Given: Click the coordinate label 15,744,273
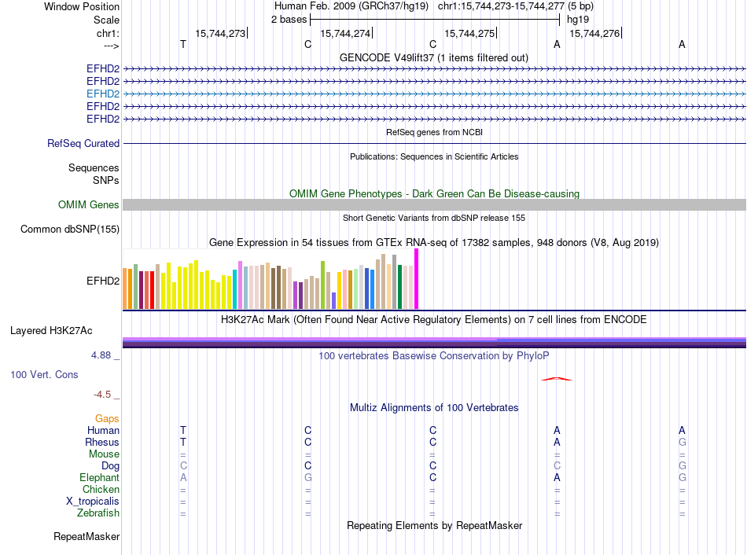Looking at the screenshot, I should click(220, 33).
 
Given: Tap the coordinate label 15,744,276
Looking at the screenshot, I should click(594, 33).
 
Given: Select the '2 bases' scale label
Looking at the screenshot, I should click(288, 19).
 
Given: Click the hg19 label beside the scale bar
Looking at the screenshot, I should click(578, 19).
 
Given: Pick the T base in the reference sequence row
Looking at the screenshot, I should click(183, 45).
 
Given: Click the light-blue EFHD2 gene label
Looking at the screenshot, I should click(103, 94).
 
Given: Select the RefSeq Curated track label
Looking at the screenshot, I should click(83, 144).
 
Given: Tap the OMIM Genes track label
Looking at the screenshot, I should click(89, 205).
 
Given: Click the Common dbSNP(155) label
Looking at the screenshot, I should click(70, 230).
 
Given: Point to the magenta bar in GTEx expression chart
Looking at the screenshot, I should click(417, 279).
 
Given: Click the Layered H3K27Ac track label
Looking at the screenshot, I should click(51, 331).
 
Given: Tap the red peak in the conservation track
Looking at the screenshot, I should click(556, 379).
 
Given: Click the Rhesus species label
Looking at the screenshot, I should click(102, 443).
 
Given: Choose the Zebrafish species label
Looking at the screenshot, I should click(100, 513).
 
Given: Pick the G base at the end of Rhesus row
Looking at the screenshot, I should click(682, 443).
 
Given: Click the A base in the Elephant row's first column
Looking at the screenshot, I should click(183, 478).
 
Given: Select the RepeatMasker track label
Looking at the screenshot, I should click(86, 537).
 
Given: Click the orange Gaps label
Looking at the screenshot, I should click(108, 419).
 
